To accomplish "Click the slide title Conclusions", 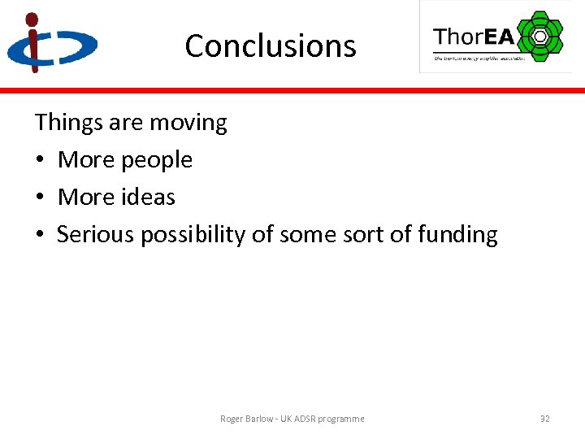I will (270, 46).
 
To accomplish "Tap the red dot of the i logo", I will (32, 19).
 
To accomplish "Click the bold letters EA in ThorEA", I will (500, 37).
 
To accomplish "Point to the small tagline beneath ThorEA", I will (479, 58).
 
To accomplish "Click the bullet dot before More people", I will (40, 161).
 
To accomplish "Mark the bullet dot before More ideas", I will (40, 198).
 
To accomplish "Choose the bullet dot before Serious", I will (40, 235).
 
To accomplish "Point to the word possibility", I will (193, 235).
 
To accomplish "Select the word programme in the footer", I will (341, 419).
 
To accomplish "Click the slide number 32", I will (545, 419).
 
